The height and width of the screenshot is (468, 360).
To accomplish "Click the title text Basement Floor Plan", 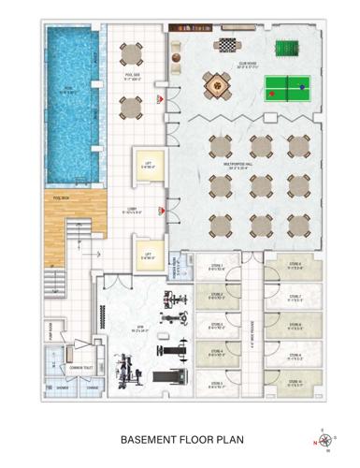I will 179,436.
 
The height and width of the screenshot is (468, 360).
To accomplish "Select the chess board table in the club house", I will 226,44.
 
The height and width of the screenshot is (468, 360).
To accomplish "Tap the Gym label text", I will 137,329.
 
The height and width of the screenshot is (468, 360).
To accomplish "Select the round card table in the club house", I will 214,85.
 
